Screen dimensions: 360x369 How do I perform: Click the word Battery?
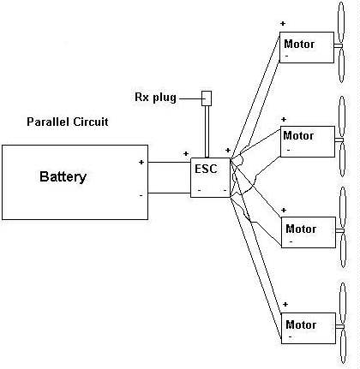(x=63, y=177)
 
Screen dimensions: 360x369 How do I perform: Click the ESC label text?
(x=206, y=169)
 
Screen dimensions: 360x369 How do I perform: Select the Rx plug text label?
(x=155, y=98)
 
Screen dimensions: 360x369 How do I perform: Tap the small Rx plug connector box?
(x=207, y=98)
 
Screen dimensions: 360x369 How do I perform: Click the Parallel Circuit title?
(x=68, y=122)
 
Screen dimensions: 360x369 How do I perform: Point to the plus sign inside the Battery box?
(x=141, y=162)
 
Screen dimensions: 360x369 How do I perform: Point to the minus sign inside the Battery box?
(x=141, y=195)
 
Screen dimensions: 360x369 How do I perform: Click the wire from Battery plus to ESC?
(x=170, y=163)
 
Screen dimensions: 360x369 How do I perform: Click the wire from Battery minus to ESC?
(x=170, y=193)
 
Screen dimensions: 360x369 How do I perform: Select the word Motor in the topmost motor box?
(x=299, y=45)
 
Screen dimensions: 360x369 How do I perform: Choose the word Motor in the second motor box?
(x=298, y=135)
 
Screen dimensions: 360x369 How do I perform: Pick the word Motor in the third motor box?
(x=301, y=229)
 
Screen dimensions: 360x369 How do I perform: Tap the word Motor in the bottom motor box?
(x=301, y=324)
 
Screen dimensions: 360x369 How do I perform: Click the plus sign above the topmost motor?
(x=283, y=23)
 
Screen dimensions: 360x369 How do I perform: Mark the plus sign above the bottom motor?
(x=285, y=304)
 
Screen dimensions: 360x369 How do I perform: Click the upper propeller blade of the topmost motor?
(x=340, y=22)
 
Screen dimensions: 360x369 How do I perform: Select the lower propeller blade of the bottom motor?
(x=343, y=347)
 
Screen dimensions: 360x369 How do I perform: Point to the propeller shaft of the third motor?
(x=339, y=230)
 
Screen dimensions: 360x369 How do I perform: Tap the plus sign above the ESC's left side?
(x=186, y=154)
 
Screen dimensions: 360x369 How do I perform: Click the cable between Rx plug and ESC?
(x=207, y=132)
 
